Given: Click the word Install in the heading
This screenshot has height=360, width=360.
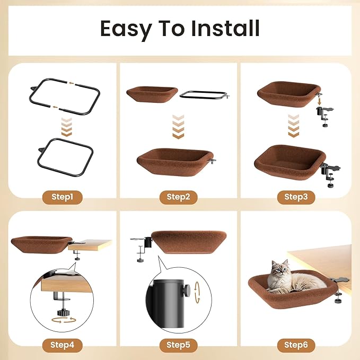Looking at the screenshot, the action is tap(225, 28).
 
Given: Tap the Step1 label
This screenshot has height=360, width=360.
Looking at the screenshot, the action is tap(62, 197).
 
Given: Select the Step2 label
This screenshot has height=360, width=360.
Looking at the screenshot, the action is tap(178, 197).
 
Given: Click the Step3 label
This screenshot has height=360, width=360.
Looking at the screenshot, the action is tap(296, 197).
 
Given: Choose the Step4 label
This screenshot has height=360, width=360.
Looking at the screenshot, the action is tap(62, 345).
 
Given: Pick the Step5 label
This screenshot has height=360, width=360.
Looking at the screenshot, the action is tap(178, 345).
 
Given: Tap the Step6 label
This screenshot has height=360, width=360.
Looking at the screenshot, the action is tap(296, 345).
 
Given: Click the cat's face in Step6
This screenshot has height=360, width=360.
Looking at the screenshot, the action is tap(279, 268).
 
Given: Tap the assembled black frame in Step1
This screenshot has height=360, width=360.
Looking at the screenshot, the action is tap(66, 157).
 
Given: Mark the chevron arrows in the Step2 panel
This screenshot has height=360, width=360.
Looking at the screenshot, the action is tap(178, 127).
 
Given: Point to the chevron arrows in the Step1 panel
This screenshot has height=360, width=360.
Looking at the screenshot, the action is tap(67, 127).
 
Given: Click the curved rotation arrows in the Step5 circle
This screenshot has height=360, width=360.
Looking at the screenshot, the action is tap(197, 293).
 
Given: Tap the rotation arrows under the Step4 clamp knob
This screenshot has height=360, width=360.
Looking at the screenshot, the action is tap(64, 320).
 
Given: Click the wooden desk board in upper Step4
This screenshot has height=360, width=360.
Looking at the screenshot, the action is tap(90, 245).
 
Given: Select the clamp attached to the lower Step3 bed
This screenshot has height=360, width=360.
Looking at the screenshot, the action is tap(330, 174).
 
